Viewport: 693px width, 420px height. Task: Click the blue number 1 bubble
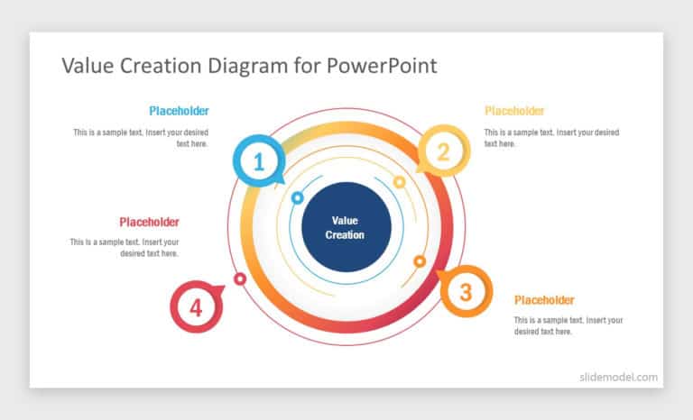(259, 162)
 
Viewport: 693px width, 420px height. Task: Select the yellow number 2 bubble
(443, 151)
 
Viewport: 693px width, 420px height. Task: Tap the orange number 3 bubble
(465, 291)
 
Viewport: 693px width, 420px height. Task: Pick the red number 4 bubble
(197, 306)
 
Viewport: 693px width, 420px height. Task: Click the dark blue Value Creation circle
(346, 227)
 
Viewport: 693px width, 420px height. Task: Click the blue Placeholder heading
(179, 111)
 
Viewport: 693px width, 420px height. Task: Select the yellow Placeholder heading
(514, 111)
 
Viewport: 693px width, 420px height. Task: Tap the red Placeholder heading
(149, 222)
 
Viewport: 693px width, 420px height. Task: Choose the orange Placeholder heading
(544, 300)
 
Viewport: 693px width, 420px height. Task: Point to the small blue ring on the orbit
(297, 197)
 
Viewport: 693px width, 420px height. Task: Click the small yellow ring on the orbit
(400, 182)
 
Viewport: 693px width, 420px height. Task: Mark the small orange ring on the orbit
(420, 261)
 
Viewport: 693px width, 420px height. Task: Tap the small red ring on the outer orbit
(240, 279)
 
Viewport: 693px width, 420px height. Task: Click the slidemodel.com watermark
(618, 378)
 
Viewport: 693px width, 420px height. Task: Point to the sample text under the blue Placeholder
(142, 138)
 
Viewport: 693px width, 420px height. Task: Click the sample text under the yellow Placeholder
(551, 138)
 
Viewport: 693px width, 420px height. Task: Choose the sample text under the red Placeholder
(125, 248)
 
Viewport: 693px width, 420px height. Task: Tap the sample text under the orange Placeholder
(568, 325)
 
